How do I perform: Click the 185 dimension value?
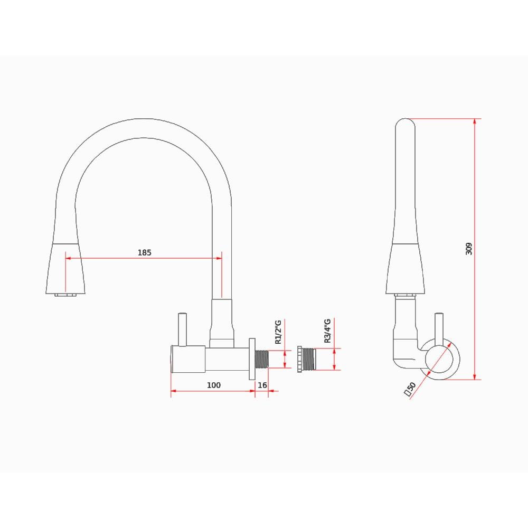point(144,252)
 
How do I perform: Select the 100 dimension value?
point(213,385)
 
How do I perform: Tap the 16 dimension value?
point(262,385)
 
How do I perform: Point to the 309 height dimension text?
point(469,249)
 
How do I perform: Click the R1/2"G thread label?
point(279,332)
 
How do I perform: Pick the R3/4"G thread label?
point(327,332)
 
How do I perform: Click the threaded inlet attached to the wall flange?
point(262,360)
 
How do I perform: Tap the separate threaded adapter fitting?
point(306,360)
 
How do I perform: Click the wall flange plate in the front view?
point(252,359)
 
